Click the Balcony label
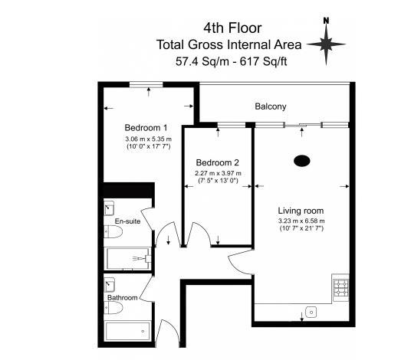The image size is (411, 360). pyautogui.click(x=271, y=106)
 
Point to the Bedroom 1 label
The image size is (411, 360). pyautogui.click(x=146, y=127)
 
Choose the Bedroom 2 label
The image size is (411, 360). pyautogui.click(x=218, y=162)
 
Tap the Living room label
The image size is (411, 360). pyautogui.click(x=301, y=211)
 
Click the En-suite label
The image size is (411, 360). pyautogui.click(x=127, y=221)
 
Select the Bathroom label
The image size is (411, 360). pyautogui.click(x=122, y=297)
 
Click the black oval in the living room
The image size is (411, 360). pyautogui.click(x=302, y=161)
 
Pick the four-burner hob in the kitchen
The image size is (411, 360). pyautogui.click(x=340, y=288)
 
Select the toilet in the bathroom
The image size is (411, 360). pyautogui.click(x=114, y=309)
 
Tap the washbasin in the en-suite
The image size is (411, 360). pyautogui.click(x=109, y=209)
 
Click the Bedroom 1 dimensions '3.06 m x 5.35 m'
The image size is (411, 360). pyautogui.click(x=149, y=139)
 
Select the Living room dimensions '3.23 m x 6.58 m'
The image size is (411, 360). pyautogui.click(x=301, y=221)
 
